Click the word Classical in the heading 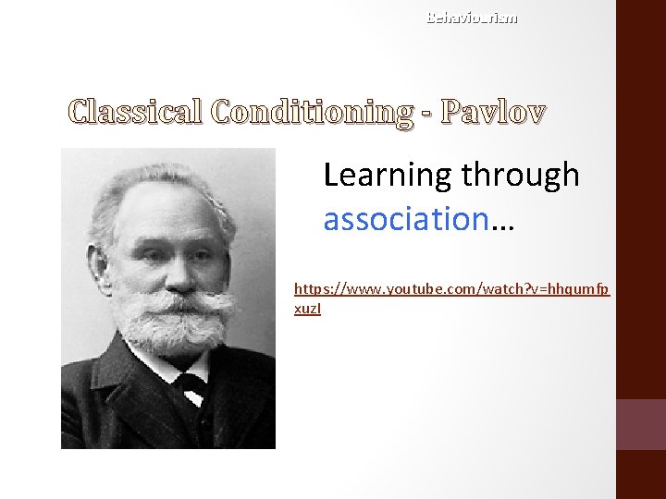point(136,113)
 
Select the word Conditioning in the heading point(311,113)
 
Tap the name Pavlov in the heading point(493,113)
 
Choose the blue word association point(405,219)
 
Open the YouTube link point(450,290)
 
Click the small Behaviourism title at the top point(472,18)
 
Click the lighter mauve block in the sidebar point(641,424)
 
